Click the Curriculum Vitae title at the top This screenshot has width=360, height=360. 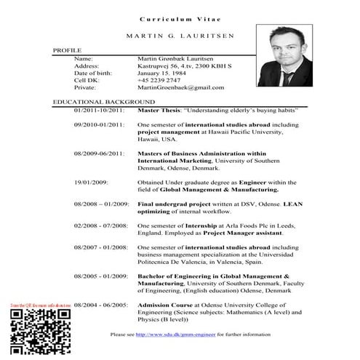179,17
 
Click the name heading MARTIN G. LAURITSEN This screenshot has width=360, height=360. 179,36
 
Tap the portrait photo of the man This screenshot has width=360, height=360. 284,57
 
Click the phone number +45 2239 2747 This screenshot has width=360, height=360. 159,79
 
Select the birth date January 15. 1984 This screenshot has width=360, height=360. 162,72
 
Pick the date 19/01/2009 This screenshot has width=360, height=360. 91,182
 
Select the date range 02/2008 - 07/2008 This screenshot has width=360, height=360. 101,225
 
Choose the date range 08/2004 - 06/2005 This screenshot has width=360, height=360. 101,305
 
